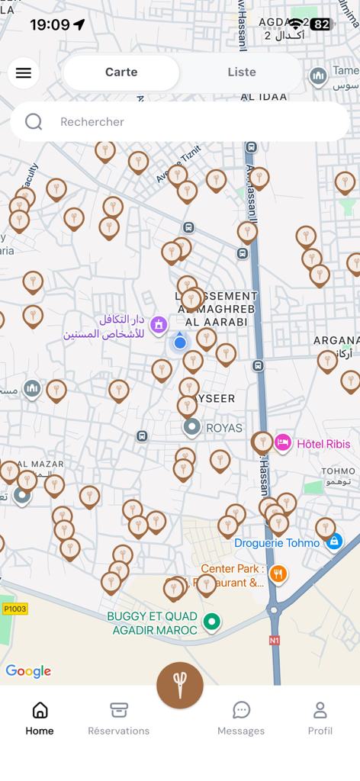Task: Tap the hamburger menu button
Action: [24, 73]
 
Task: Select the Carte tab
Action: [121, 72]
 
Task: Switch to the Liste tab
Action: [242, 72]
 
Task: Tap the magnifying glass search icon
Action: [34, 122]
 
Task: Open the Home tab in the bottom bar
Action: [40, 718]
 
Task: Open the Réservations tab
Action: [118, 718]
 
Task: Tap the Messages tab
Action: [241, 718]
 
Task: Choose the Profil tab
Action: [320, 718]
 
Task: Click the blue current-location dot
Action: [180, 343]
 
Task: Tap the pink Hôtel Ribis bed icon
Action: [283, 443]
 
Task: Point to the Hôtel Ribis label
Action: [323, 444]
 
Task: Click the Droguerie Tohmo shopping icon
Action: [333, 542]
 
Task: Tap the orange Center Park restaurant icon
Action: [278, 574]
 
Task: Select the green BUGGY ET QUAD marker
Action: [211, 622]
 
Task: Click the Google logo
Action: [28, 671]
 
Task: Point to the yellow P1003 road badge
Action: [15, 609]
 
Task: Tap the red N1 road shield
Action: [275, 641]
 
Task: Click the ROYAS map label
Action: [224, 428]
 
